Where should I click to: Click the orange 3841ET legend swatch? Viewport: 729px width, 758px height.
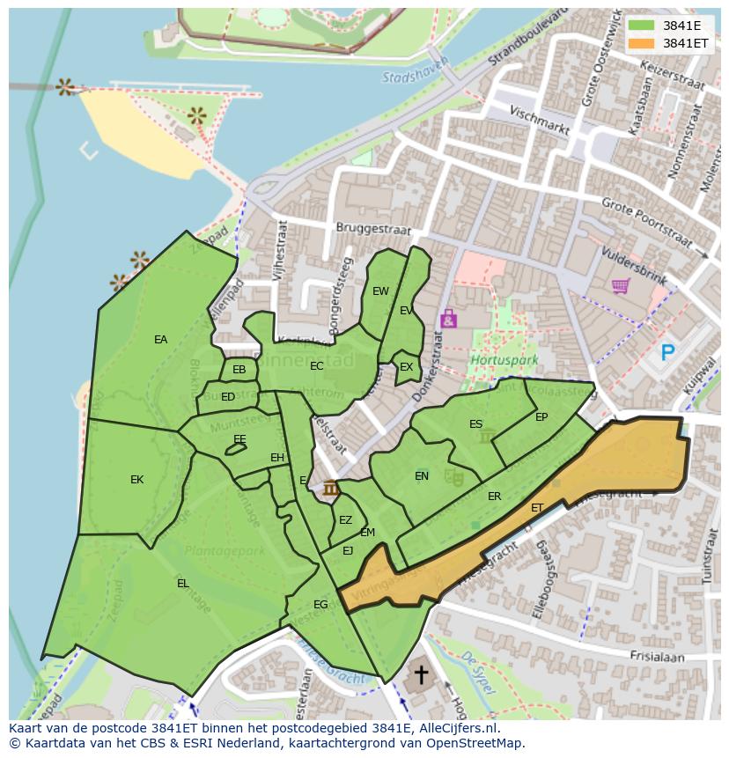(642, 42)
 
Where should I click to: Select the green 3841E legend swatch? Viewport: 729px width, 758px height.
(642, 26)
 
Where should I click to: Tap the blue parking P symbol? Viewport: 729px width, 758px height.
(668, 353)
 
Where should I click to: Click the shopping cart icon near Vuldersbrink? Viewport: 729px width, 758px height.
(620, 286)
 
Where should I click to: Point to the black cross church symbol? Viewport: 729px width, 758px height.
(422, 675)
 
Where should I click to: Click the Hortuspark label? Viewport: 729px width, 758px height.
(491, 361)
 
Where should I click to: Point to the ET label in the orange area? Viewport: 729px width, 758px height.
(537, 508)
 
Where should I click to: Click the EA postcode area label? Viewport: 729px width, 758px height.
(160, 340)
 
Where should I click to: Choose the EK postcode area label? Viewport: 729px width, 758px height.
(136, 480)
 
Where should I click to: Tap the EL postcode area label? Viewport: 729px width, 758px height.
(182, 584)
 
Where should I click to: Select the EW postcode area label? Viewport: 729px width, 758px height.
(380, 291)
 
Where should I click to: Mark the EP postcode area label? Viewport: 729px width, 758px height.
(541, 417)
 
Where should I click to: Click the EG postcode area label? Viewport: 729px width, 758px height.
(320, 605)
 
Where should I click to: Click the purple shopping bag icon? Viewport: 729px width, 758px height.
(448, 318)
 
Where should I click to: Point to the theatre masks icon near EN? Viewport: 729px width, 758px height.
(454, 477)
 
